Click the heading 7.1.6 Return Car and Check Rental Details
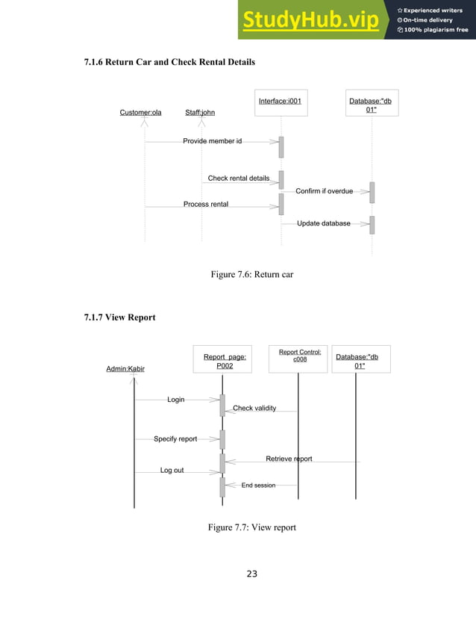169,61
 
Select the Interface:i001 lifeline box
280,101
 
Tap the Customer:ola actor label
140,113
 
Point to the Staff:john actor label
200,113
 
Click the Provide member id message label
213,140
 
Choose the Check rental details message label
238,179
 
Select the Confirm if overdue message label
324,191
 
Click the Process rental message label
206,204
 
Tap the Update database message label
323,223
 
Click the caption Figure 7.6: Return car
252,275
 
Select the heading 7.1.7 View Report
119,317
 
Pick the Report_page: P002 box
225,362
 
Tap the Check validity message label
254,409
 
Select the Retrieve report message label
289,459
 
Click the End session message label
258,486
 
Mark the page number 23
251,574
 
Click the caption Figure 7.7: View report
252,527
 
